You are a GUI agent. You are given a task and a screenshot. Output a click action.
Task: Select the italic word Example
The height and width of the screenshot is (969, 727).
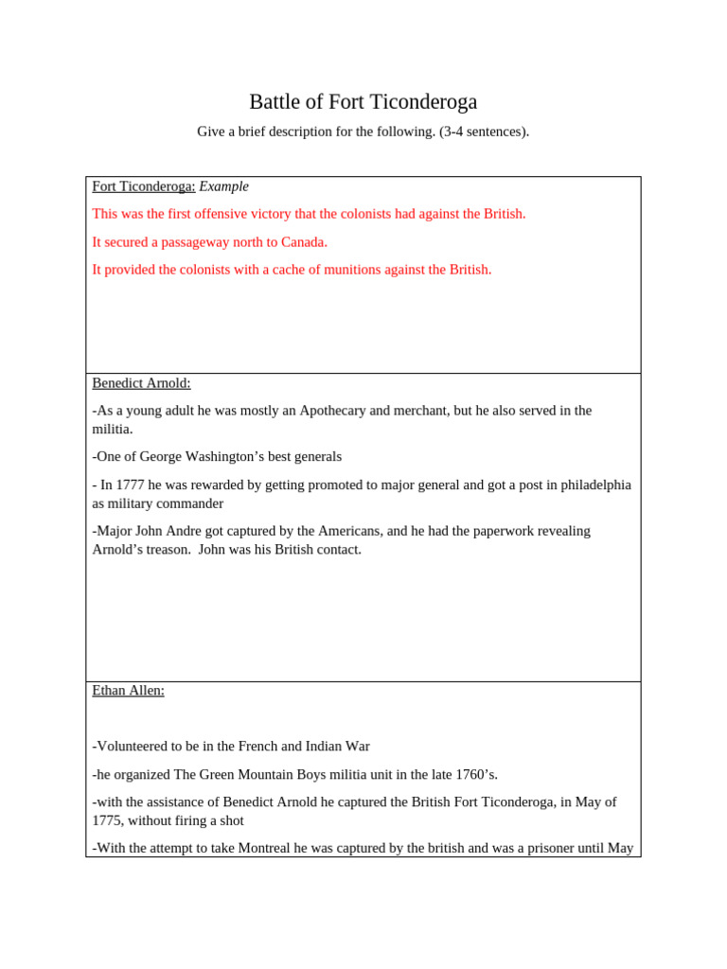(224, 186)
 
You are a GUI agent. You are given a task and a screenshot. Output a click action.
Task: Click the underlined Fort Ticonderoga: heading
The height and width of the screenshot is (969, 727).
(144, 186)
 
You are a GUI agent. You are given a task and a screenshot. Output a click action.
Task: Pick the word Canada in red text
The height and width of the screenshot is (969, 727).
(304, 242)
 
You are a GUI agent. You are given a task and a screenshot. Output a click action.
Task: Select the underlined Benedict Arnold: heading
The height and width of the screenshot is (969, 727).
(141, 383)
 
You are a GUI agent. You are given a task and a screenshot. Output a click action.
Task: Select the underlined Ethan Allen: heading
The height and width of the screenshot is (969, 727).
(128, 691)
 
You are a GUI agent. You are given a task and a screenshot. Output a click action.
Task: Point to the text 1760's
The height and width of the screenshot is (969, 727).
(472, 774)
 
